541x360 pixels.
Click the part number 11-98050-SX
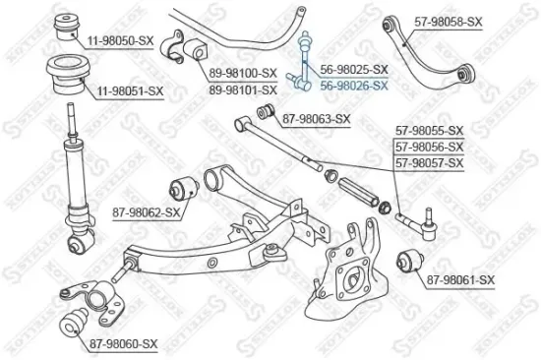120,40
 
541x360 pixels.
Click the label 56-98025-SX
355,70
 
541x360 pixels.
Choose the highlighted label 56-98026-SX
355,85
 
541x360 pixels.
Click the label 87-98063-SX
317,119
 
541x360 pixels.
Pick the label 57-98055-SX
429,130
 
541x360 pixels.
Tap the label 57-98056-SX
429,146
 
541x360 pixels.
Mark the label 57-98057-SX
429,161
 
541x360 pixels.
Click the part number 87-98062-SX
146,211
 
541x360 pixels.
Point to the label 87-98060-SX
123,342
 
